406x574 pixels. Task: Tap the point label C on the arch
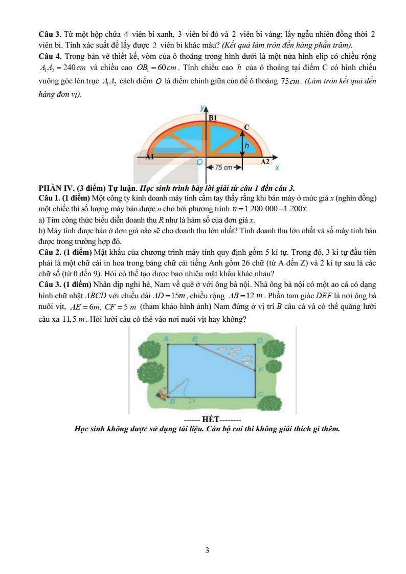tap(246, 127)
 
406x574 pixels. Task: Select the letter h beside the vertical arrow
tap(246, 146)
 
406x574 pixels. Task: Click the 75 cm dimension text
tap(223, 167)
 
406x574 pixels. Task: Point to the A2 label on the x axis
tap(264, 162)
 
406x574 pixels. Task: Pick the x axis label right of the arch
tap(277, 167)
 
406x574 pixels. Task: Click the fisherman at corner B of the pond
tap(163, 393)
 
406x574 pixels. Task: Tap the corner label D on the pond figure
tap(259, 340)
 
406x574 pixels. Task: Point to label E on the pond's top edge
tap(195, 339)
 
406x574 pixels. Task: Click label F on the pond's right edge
tap(260, 368)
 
